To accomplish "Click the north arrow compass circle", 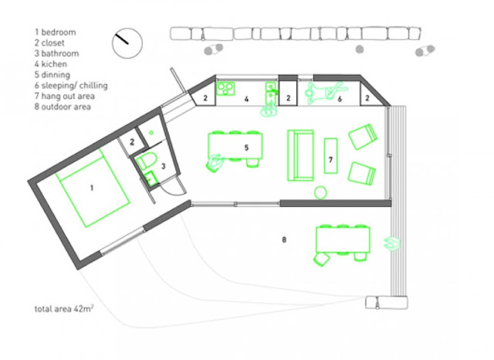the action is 127,29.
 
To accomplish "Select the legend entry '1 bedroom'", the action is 55,32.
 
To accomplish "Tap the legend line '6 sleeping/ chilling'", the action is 71,86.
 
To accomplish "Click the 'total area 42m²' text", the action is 64,308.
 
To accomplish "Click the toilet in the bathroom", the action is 147,160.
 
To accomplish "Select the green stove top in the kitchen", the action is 225,88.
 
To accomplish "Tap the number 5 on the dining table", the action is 246,148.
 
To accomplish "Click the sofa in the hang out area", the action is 300,155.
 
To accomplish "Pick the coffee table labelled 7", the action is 331,155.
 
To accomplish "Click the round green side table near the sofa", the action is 320,192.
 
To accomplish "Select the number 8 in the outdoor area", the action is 284,239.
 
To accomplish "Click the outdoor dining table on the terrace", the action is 343,239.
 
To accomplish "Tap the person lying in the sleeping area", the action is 324,91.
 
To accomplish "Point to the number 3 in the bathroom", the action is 163,166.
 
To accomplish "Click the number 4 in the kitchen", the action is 246,99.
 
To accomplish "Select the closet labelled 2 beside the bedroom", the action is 132,142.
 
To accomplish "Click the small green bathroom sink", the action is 151,178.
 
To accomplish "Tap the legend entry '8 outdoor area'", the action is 63,107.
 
